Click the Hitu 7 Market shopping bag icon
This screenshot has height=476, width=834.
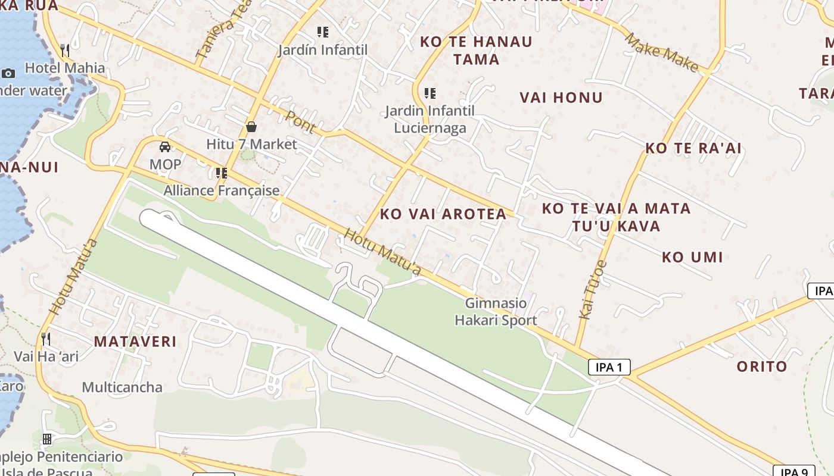(x=251, y=126)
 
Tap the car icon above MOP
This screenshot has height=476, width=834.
(x=165, y=147)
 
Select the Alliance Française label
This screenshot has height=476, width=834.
(x=222, y=190)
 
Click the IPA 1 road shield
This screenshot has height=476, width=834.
(x=609, y=367)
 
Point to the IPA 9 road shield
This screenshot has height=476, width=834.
(x=793, y=472)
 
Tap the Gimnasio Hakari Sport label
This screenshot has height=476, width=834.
(x=496, y=312)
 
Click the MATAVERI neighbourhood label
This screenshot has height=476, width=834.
(x=135, y=342)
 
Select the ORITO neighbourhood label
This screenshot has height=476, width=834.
(x=762, y=367)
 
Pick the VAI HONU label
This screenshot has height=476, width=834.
(x=561, y=98)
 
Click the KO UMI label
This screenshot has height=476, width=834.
(x=692, y=258)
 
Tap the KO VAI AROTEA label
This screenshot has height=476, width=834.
(x=443, y=214)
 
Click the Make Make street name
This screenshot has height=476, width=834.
(x=661, y=52)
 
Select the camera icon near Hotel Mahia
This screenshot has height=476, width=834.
(x=8, y=73)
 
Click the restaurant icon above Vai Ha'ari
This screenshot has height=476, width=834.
(x=46, y=339)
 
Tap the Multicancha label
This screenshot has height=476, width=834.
(x=122, y=387)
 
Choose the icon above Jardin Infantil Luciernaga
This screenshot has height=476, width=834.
(x=430, y=93)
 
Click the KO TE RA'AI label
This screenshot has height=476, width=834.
(x=693, y=148)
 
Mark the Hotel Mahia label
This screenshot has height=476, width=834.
(x=65, y=68)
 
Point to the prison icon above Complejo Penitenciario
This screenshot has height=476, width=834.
(x=47, y=440)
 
